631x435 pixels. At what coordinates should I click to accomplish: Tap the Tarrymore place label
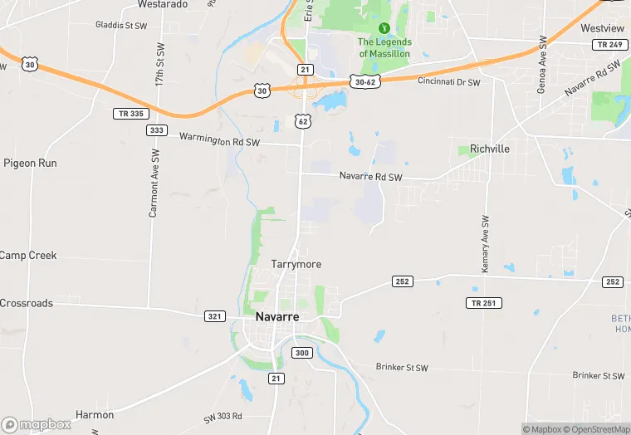(x=296, y=264)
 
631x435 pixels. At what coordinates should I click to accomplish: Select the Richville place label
(x=490, y=149)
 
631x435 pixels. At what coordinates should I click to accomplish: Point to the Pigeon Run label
(x=30, y=164)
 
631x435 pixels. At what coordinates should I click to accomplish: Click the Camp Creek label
(x=27, y=256)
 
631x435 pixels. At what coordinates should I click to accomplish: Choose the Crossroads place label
(x=26, y=304)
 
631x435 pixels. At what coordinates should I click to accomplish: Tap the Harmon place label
(x=94, y=414)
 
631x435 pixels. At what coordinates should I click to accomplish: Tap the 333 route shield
(x=156, y=130)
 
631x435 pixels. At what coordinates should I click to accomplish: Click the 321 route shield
(x=215, y=316)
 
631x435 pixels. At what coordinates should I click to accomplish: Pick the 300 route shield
(x=301, y=353)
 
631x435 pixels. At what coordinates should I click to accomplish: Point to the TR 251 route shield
(x=483, y=303)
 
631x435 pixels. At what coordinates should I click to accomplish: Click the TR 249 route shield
(x=609, y=44)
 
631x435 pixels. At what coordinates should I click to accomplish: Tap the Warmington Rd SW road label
(x=221, y=141)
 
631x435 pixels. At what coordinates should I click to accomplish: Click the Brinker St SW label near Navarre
(x=402, y=367)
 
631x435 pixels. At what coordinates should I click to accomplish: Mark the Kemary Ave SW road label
(x=486, y=244)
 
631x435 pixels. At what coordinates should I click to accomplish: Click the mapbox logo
(x=36, y=424)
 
